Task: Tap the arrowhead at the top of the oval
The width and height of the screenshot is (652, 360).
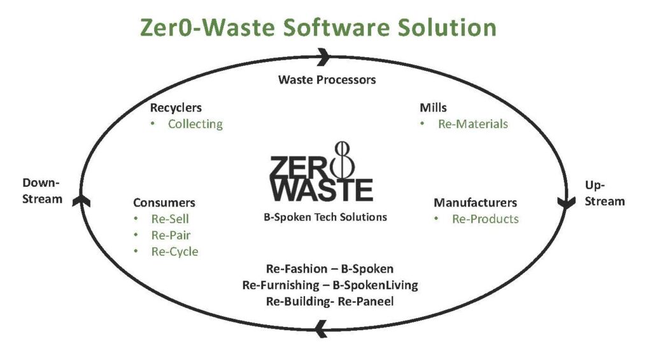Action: (323, 57)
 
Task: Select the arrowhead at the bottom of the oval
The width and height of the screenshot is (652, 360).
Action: (321, 328)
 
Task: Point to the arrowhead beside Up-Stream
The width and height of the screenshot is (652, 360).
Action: (566, 203)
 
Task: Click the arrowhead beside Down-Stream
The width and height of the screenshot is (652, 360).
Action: (81, 201)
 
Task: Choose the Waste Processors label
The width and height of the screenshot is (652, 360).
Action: (327, 80)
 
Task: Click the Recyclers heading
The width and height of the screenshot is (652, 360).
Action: (176, 108)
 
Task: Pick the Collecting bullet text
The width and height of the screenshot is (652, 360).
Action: (195, 124)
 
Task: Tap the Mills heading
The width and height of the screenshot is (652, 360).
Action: (433, 108)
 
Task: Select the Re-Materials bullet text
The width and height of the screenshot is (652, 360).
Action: (473, 124)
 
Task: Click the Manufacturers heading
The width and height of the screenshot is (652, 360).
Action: (475, 203)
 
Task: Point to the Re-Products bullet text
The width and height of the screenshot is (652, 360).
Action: (485, 219)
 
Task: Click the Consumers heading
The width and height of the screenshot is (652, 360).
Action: (164, 203)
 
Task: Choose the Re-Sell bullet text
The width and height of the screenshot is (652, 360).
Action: (170, 219)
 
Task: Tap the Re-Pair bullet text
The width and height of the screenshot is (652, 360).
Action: (171, 235)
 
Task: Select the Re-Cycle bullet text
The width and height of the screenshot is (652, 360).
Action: (174, 252)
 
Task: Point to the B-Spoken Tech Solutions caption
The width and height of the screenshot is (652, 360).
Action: (325, 217)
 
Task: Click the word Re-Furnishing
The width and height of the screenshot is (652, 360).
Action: (281, 285)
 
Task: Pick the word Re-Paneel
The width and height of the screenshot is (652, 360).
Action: (366, 301)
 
